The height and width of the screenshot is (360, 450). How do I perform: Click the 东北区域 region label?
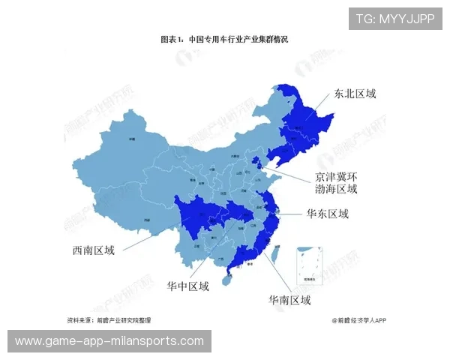tap(355, 94)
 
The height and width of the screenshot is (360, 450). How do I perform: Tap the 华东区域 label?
tap(328, 214)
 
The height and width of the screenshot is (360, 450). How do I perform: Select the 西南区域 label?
tap(89, 250)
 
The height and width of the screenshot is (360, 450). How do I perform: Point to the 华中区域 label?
tap(187, 286)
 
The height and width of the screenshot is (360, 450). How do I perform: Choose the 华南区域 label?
tap(289, 300)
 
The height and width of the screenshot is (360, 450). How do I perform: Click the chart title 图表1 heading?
tap(224, 39)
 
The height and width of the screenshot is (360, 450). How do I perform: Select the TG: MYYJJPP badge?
tap(395, 19)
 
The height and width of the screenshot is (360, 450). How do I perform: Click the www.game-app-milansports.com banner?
tap(110, 341)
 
